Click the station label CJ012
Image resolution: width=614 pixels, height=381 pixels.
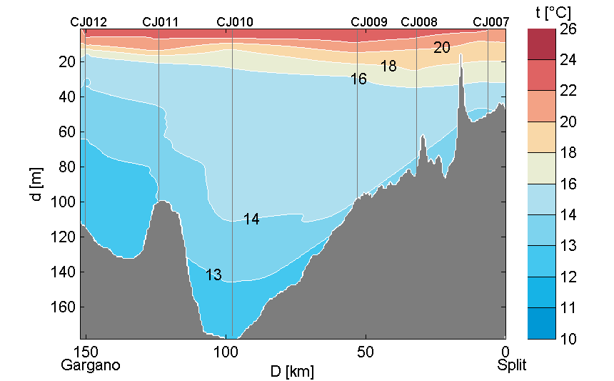(x=89, y=22)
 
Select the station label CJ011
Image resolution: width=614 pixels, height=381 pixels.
(x=161, y=22)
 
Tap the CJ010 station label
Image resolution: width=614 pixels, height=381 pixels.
(x=234, y=22)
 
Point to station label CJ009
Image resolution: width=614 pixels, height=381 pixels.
(x=369, y=22)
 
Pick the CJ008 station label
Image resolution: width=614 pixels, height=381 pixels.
(x=419, y=22)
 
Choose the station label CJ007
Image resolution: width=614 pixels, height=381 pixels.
(x=491, y=22)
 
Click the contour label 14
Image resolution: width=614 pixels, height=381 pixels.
(x=251, y=219)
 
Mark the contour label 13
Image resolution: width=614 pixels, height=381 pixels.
(x=213, y=274)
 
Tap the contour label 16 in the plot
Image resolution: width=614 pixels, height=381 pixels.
(x=358, y=79)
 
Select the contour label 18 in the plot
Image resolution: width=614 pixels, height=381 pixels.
(x=388, y=66)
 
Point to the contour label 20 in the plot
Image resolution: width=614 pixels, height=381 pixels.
(x=442, y=48)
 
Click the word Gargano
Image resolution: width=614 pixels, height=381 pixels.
(x=91, y=365)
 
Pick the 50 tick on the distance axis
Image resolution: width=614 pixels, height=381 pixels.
(x=366, y=352)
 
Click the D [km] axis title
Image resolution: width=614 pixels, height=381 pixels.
(x=291, y=371)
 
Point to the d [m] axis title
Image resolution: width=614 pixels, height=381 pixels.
(x=37, y=184)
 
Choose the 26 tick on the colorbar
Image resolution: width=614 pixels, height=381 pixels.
(x=568, y=29)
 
